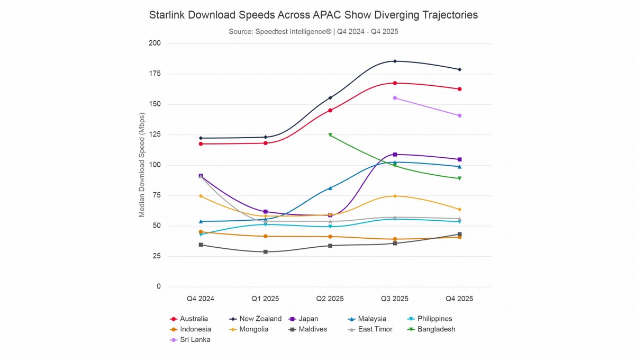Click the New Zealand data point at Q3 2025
coord(395,61)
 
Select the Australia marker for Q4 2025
coord(459,89)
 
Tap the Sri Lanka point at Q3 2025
coord(395,98)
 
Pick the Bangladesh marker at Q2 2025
coord(330,135)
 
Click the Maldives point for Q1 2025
coord(266,252)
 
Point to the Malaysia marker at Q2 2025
coord(330,188)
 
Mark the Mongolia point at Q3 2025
coord(395,196)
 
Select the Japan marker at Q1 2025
coord(266,212)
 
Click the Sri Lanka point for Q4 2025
coord(459,115)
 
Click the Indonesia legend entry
coord(194,329)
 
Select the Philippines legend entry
coord(434,319)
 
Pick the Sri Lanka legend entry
coord(195,340)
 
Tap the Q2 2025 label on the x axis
coord(330,299)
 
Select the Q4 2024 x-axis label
coord(201,299)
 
